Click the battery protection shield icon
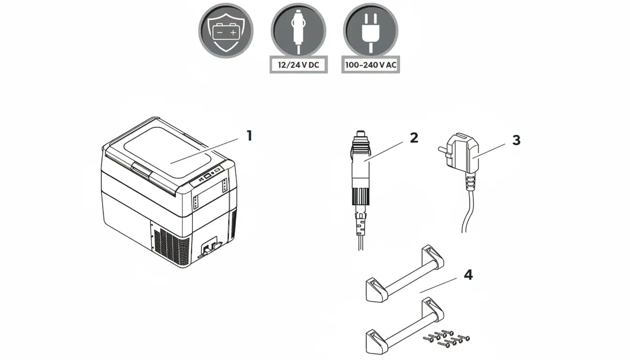(x=226, y=30)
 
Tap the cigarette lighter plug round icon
(x=299, y=30)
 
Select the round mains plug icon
(x=371, y=30)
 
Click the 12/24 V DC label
(x=299, y=65)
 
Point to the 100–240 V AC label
(x=371, y=65)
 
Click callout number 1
(x=249, y=135)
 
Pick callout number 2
(x=414, y=138)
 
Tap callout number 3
(x=516, y=140)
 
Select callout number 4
(x=468, y=275)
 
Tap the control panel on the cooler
(x=208, y=175)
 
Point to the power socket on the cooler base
(x=210, y=247)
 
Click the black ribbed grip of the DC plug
(x=360, y=196)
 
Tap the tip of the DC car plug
(x=360, y=133)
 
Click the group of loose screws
(x=446, y=338)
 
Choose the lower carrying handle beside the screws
(x=405, y=326)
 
